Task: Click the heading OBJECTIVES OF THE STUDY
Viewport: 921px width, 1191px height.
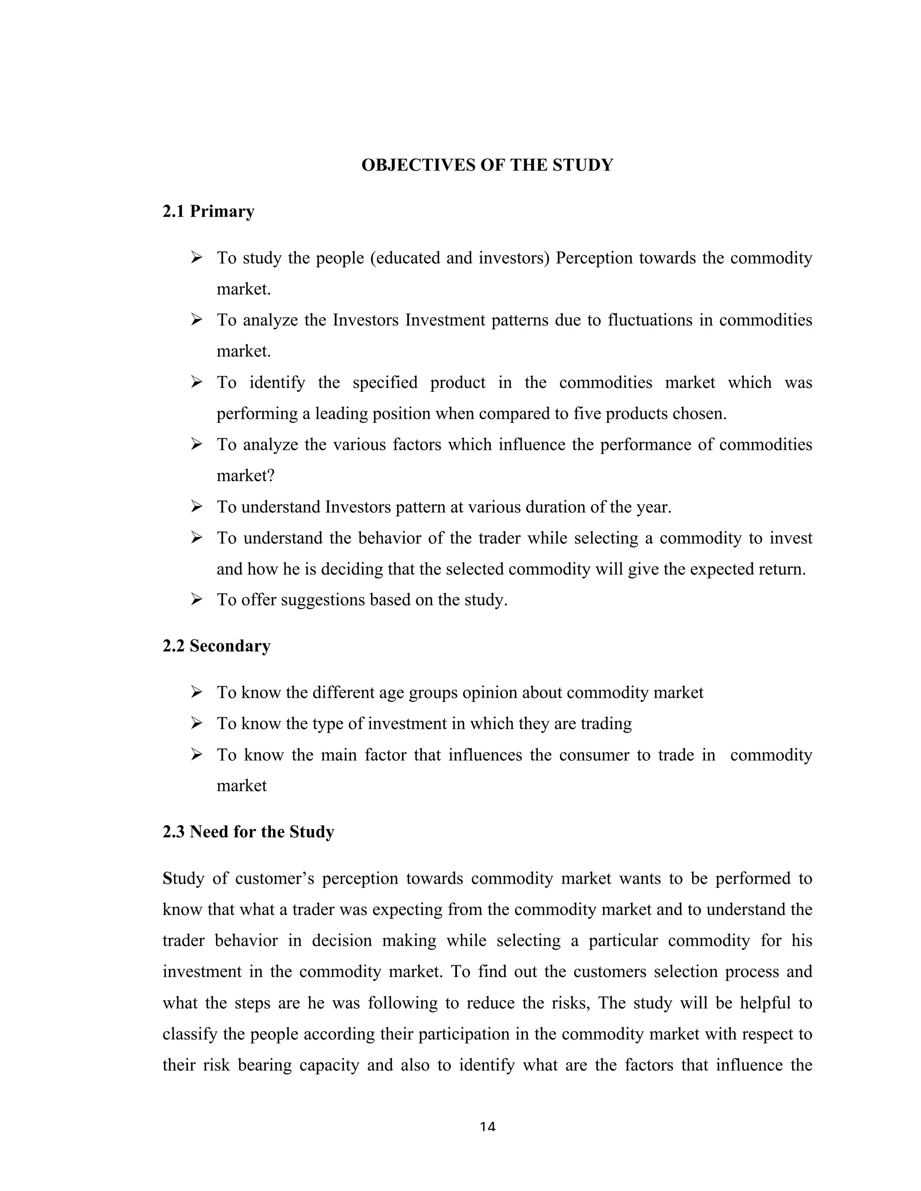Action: click(x=487, y=165)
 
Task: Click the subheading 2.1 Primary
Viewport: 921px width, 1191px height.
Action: click(x=208, y=212)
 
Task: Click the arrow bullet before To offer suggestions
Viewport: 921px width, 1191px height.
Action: click(x=197, y=600)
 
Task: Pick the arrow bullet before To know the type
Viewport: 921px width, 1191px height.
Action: click(x=197, y=724)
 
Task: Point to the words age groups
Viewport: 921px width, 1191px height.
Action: click(x=416, y=693)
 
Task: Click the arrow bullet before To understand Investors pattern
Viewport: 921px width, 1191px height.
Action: click(x=197, y=507)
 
